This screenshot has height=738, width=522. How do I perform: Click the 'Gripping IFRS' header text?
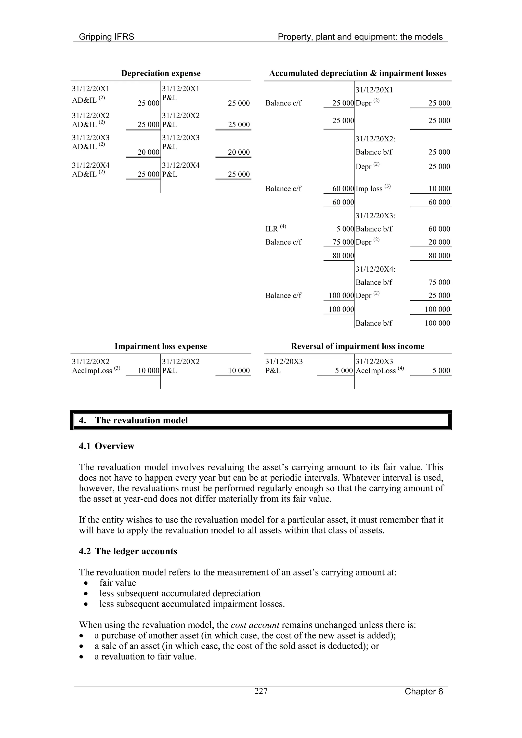coord(107,37)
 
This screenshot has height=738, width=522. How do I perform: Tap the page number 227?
coord(261,691)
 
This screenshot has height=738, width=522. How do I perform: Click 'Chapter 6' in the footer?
coord(424,691)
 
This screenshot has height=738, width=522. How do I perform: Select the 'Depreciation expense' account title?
coord(161,73)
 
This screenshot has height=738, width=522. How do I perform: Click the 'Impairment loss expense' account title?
coord(161,346)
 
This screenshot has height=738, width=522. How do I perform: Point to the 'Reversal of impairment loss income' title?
coord(357,346)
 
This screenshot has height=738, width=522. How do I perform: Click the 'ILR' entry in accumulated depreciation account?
coord(272,229)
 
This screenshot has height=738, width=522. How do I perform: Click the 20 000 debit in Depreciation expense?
coord(148,152)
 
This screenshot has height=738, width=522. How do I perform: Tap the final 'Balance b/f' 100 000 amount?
coord(437,323)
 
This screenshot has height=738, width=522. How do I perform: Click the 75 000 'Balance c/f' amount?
coord(343,242)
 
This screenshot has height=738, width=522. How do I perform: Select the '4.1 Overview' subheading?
coord(107,446)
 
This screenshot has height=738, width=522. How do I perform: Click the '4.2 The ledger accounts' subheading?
coord(128,551)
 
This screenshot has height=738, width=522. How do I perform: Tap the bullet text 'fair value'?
coord(118,583)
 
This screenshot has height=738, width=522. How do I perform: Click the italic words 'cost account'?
coord(255,625)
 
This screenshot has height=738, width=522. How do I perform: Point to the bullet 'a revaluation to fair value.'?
coord(145,656)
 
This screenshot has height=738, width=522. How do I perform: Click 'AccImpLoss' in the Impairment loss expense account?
coord(92,371)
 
